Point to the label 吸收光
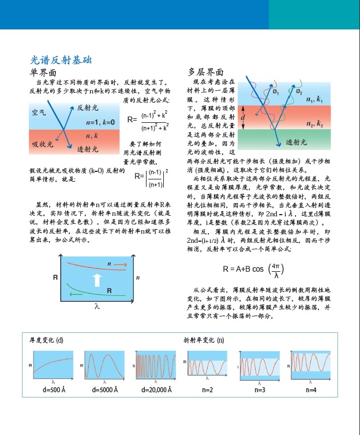point(42,143)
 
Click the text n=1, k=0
point(100,122)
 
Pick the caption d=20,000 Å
point(156,391)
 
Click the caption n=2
point(207,391)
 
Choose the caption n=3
point(260,391)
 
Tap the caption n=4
point(311,391)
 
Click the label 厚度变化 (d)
point(47,340)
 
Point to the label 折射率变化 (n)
point(204,340)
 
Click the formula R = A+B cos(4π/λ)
point(253,269)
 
